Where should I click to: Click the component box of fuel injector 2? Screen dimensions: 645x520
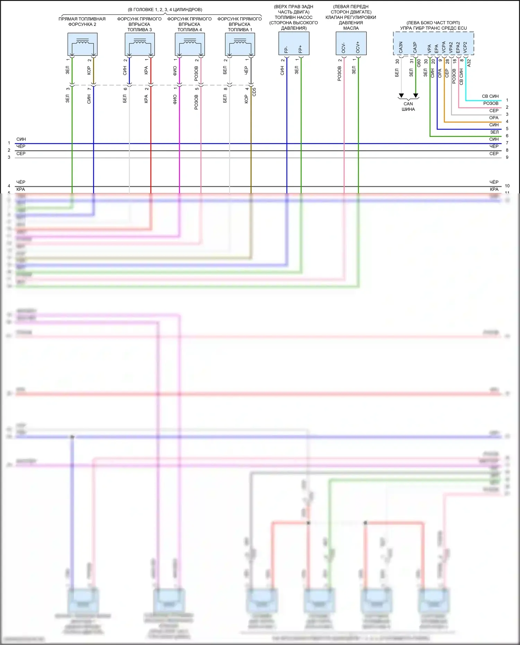click(83, 44)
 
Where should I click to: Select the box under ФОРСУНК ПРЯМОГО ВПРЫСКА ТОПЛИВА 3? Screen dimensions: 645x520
click(140, 44)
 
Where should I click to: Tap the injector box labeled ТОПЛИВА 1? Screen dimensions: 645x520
click(240, 44)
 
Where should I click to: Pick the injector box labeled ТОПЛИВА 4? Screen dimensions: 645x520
click(190, 44)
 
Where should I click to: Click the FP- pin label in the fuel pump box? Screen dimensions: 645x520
click(286, 49)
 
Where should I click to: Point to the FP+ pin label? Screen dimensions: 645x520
click(301, 49)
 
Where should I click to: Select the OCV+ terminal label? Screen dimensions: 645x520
click(358, 47)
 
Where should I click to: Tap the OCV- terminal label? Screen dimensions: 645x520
click(344, 48)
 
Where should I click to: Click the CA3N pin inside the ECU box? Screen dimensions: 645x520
click(401, 47)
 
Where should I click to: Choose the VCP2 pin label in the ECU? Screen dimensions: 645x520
click(465, 47)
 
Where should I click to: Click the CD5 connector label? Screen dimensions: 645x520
click(254, 92)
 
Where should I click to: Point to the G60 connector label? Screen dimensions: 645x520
click(419, 63)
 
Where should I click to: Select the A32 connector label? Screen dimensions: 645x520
click(469, 63)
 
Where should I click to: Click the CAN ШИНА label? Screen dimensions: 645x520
click(408, 106)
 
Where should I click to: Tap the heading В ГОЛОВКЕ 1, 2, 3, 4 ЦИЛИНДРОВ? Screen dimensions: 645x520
click(165, 10)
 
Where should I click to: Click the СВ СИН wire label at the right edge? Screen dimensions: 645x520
click(490, 96)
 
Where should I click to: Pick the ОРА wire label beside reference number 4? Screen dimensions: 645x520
click(494, 118)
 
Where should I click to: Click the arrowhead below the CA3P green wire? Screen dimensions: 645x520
click(416, 96)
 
